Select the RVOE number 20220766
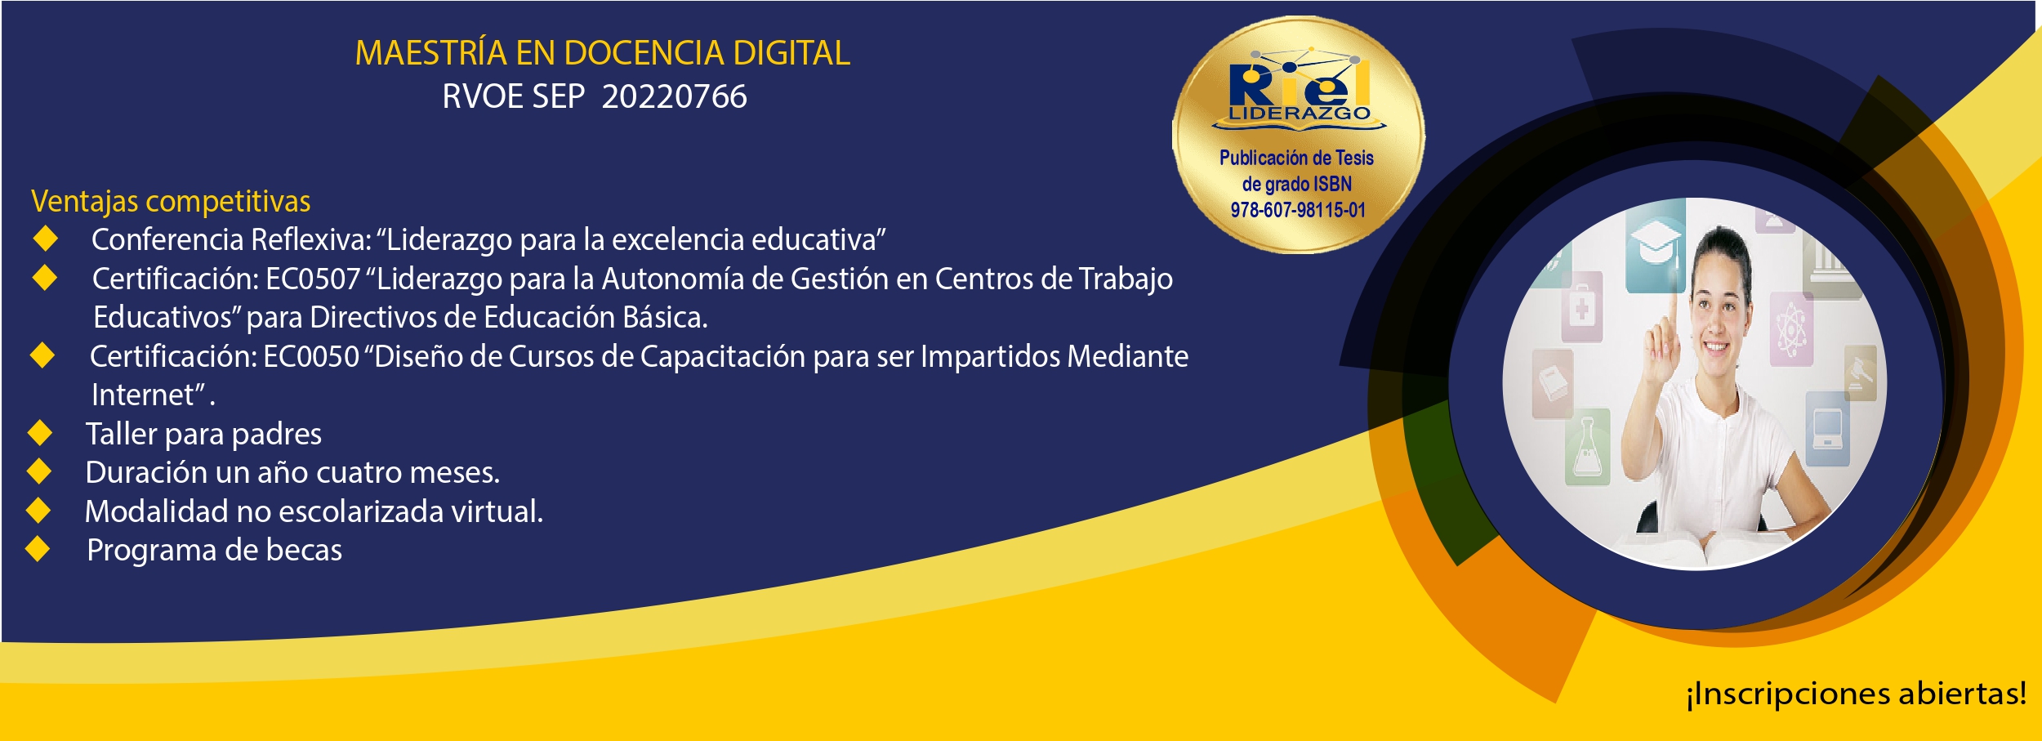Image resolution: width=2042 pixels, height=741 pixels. (x=674, y=96)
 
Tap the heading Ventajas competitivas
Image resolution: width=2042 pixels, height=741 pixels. (x=171, y=202)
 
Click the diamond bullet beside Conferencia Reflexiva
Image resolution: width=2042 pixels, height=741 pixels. (x=46, y=239)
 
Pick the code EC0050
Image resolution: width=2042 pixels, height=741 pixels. (x=311, y=357)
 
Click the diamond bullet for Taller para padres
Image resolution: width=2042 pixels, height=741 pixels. (x=39, y=433)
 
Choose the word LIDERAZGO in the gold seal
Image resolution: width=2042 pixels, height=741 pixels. (x=1300, y=114)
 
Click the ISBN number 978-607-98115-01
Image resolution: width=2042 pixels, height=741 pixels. (x=1298, y=210)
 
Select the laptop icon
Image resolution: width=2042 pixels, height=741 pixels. (x=1827, y=428)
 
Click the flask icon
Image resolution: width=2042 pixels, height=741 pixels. (x=1587, y=449)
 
